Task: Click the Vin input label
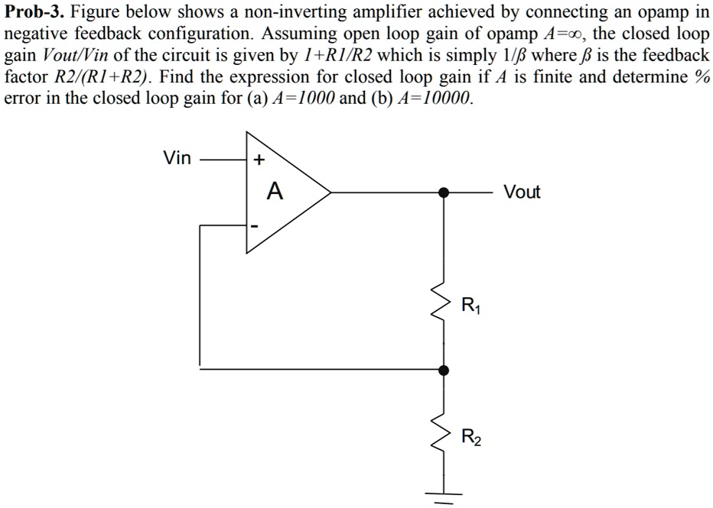click(177, 159)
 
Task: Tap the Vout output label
click(522, 193)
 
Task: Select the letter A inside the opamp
click(274, 193)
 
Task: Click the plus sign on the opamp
click(259, 160)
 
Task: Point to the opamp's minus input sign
click(257, 226)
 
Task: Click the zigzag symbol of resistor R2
click(442, 435)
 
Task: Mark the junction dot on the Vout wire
click(443, 193)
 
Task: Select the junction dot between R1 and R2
click(443, 370)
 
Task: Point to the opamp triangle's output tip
click(330, 193)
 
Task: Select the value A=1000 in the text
click(301, 99)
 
